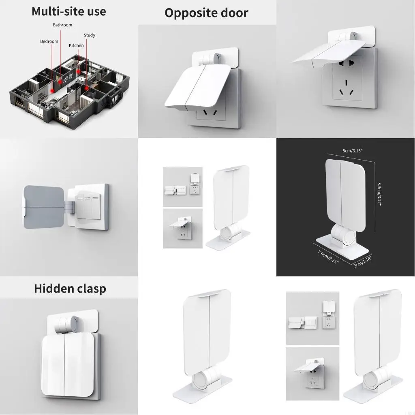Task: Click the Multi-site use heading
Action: tap(69, 11)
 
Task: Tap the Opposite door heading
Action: tap(206, 13)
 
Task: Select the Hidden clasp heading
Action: tap(70, 289)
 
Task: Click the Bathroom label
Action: tap(62, 25)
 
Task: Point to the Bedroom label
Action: tap(49, 41)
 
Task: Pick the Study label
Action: tap(90, 35)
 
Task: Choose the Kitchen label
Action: tap(76, 45)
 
